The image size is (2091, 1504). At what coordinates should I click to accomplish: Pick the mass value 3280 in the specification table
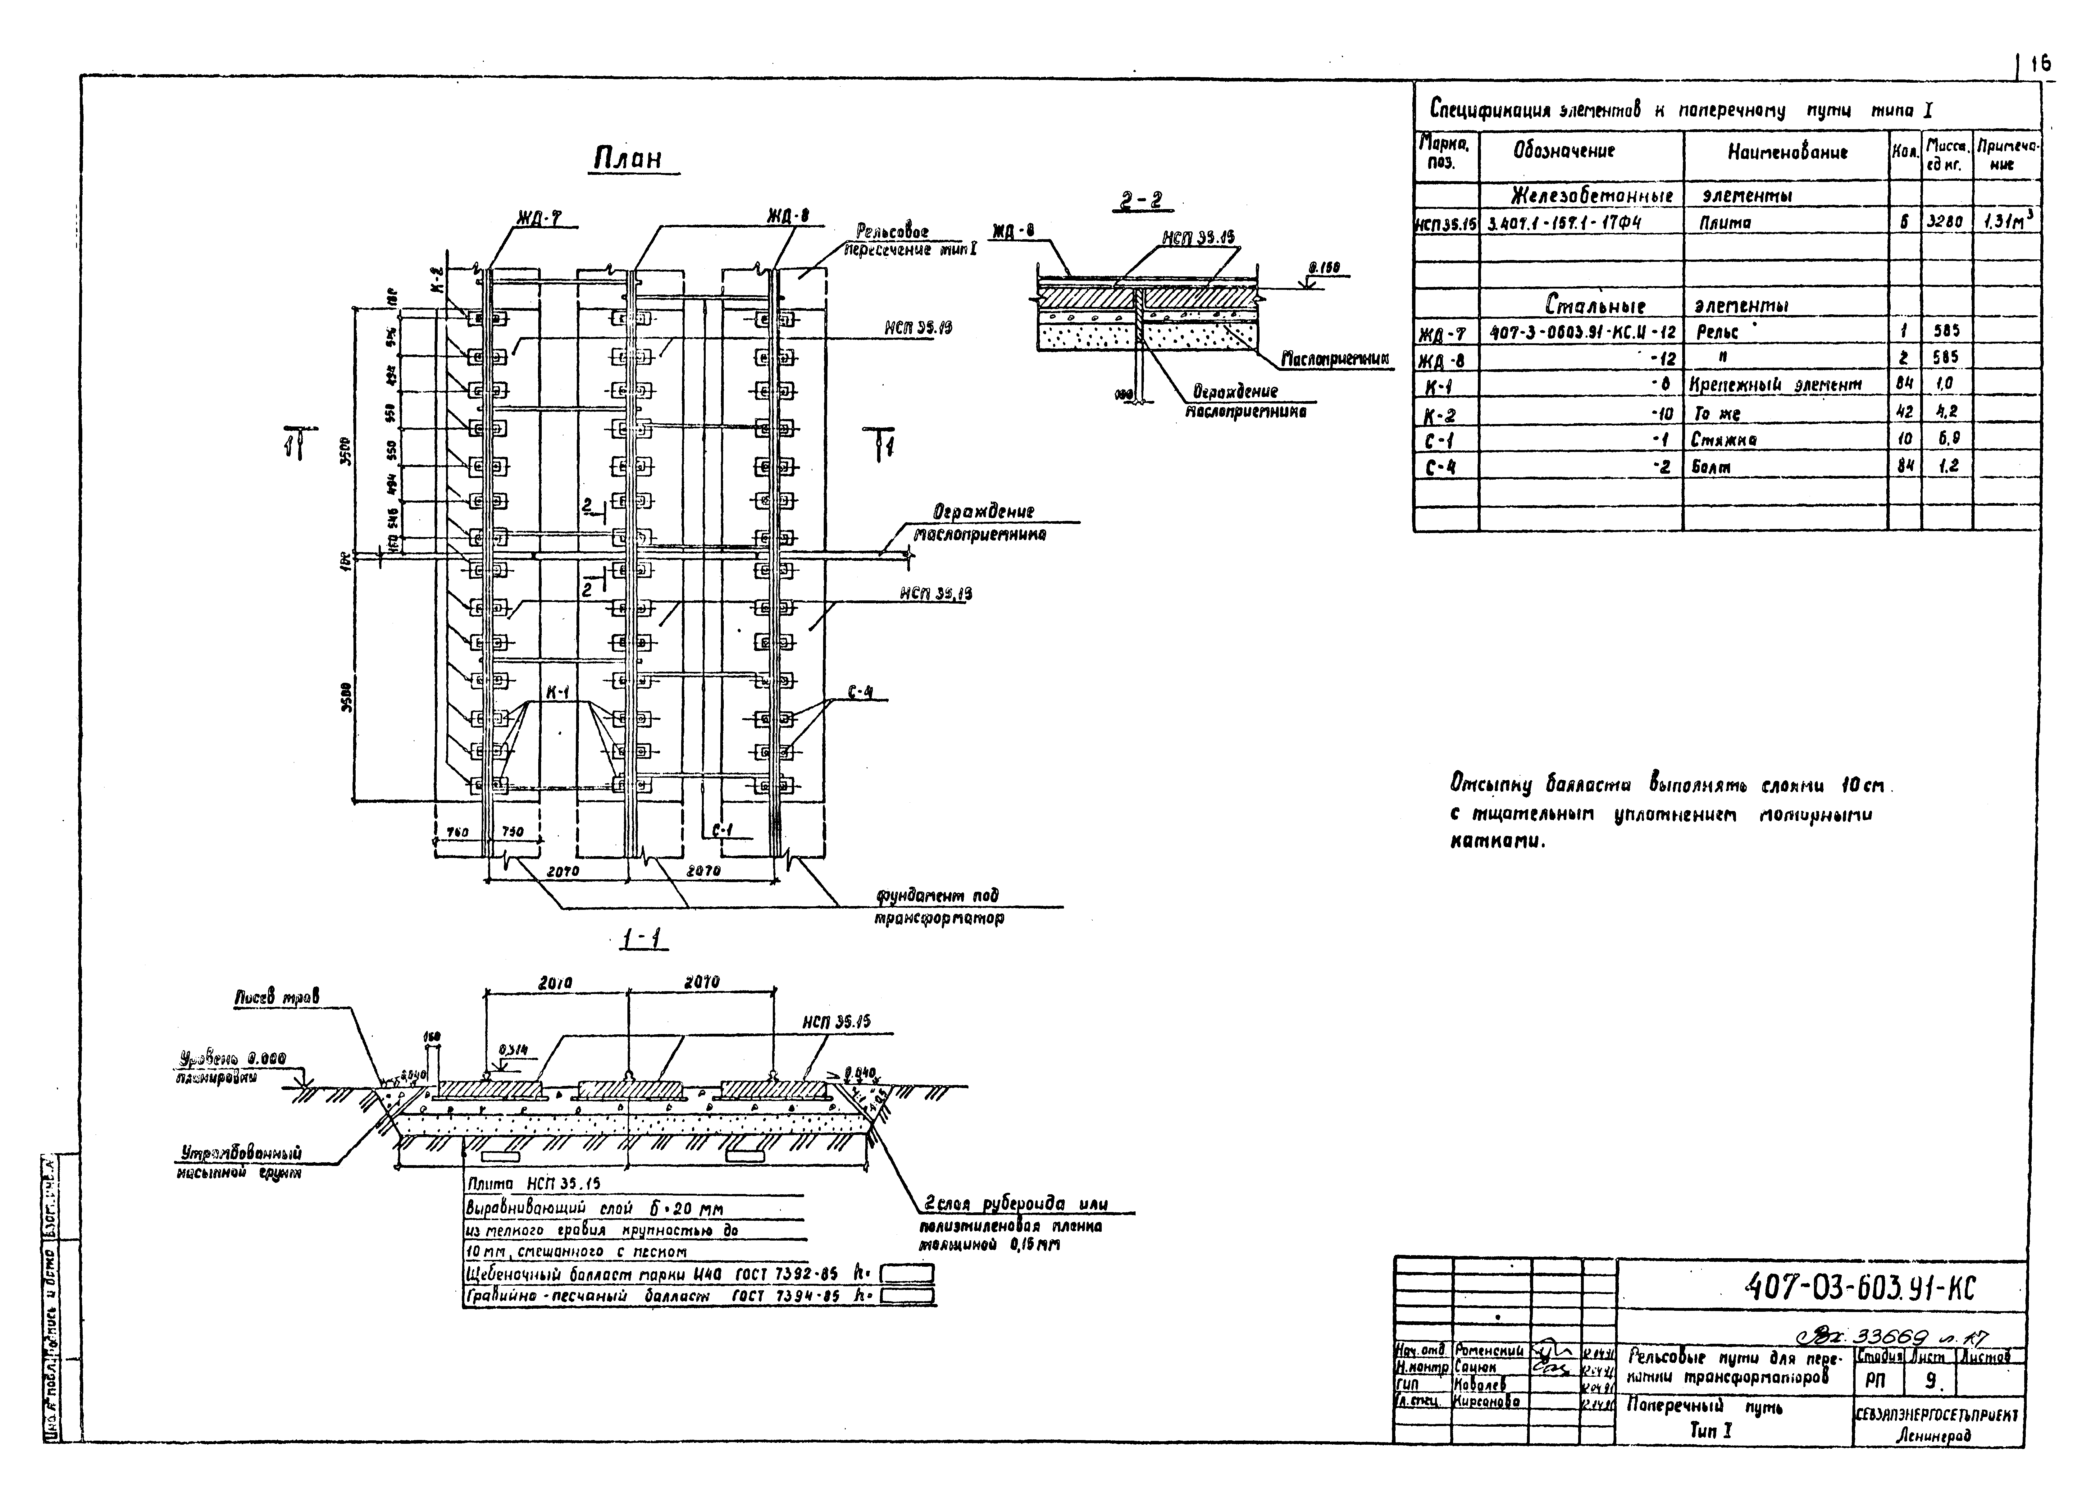(x=1945, y=222)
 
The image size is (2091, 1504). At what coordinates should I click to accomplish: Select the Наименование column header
(x=1787, y=153)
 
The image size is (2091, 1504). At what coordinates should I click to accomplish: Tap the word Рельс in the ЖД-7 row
(x=1717, y=331)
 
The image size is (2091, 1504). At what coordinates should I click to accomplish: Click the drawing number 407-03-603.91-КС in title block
(x=1861, y=1288)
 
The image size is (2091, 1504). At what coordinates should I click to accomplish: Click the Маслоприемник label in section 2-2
(x=1335, y=359)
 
